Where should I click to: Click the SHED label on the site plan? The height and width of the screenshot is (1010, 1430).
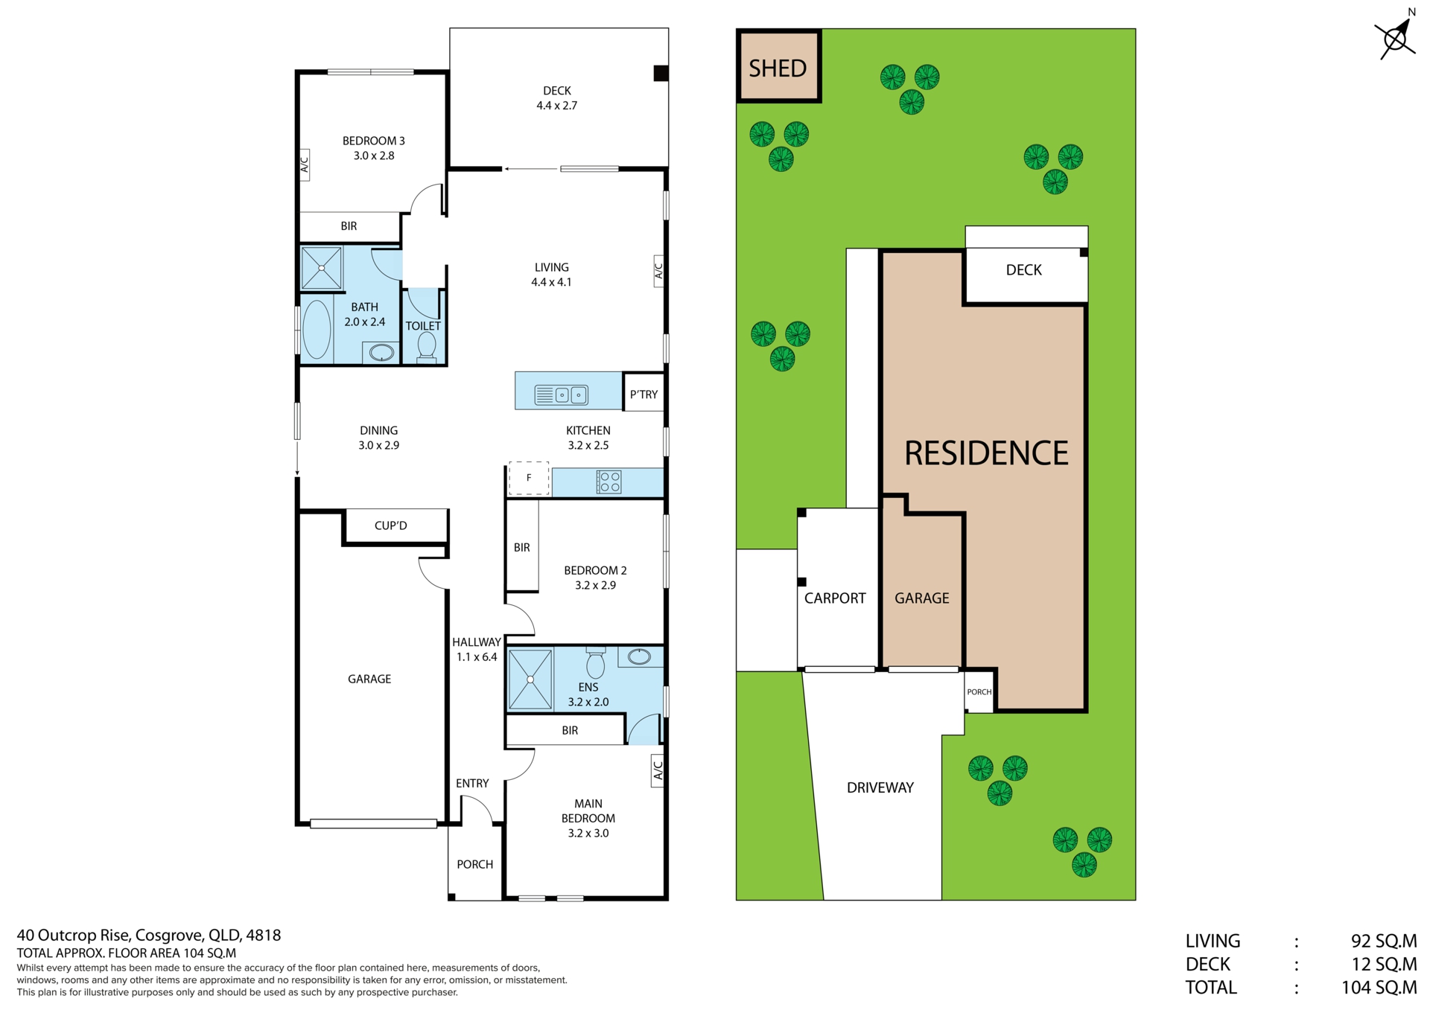[x=778, y=68]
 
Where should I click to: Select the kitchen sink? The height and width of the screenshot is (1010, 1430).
[x=562, y=395]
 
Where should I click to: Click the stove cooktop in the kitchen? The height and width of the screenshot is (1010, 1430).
[x=608, y=482]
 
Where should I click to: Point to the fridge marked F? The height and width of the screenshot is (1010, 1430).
[x=529, y=478]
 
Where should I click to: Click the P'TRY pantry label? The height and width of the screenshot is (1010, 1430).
[x=643, y=394]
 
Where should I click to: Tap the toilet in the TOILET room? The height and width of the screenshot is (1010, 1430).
[x=427, y=348]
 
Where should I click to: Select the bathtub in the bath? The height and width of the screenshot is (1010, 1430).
[x=317, y=329]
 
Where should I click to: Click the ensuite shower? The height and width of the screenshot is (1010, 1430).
[x=530, y=679]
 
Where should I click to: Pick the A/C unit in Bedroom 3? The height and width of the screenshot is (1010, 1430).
[x=304, y=164]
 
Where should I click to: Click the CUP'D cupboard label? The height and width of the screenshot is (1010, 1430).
[x=390, y=525]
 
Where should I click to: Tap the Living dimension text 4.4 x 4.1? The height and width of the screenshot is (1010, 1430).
[x=551, y=282]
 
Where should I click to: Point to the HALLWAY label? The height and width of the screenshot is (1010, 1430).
[x=477, y=642]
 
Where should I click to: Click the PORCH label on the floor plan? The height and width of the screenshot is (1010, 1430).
[x=474, y=864]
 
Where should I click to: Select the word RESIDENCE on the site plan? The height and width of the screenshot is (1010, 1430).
[x=986, y=453]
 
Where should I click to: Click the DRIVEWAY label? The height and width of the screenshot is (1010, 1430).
[x=880, y=787]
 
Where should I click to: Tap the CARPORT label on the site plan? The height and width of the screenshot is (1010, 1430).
[x=835, y=598]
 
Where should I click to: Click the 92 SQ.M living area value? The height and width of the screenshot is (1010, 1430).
[x=1384, y=942]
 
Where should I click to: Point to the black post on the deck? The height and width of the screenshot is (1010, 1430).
[x=661, y=73]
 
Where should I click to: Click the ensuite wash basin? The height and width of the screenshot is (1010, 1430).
[x=639, y=656]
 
